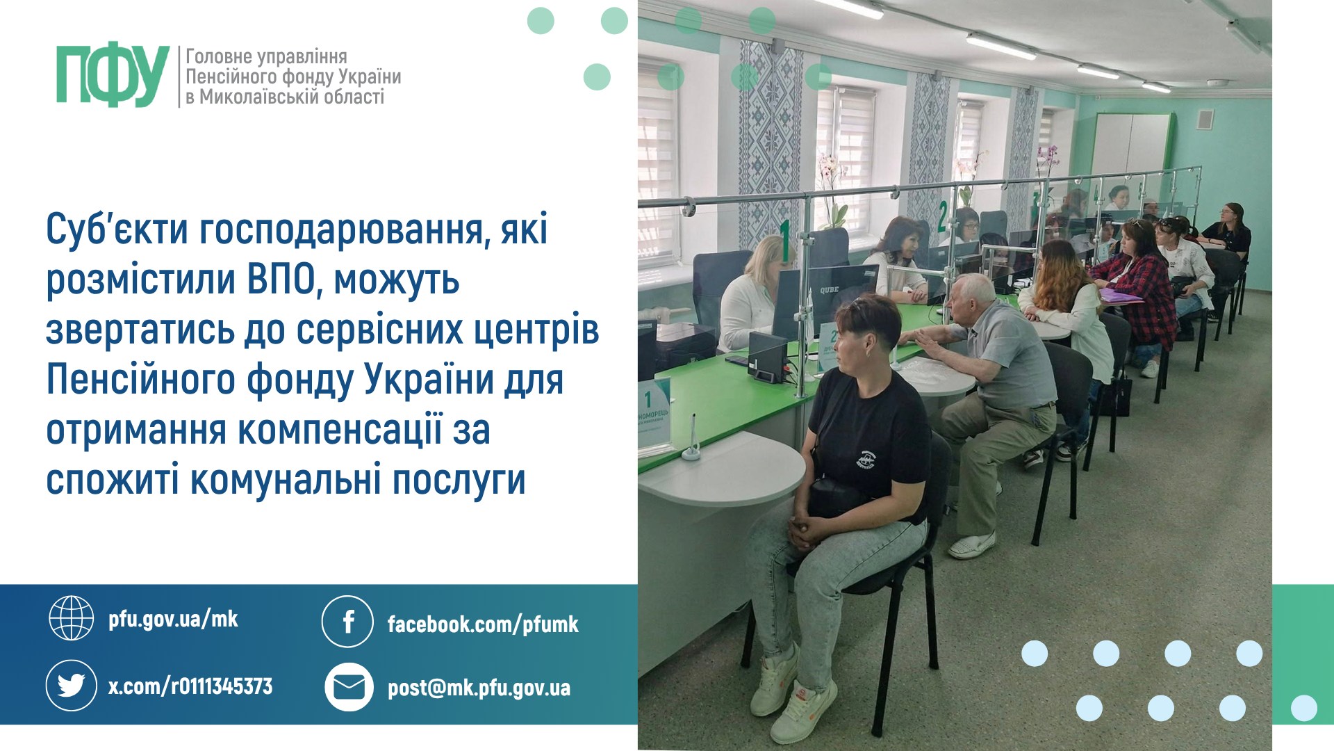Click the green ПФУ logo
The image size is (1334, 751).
tap(113, 76)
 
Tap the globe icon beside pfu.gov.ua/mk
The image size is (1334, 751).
tap(71, 617)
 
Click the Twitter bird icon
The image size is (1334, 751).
tap(71, 686)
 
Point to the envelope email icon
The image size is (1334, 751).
tap(349, 687)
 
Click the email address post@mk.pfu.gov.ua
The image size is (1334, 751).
tap(479, 688)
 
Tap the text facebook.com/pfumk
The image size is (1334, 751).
tap(483, 624)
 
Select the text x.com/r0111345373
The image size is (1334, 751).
tap(190, 686)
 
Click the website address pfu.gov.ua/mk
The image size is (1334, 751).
tap(173, 619)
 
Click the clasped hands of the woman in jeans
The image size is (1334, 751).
tap(808, 531)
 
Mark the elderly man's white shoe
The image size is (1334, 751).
tap(971, 545)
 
